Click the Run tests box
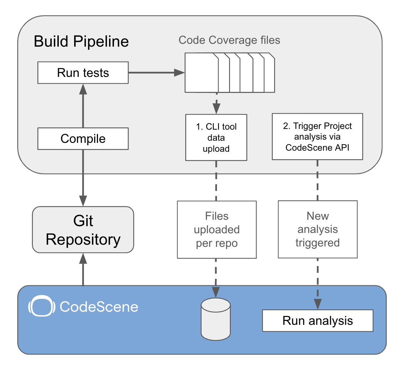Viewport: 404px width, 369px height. tap(83, 73)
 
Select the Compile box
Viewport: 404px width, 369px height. tap(83, 139)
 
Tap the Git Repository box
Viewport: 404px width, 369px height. tap(83, 230)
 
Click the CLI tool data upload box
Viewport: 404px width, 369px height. tap(216, 137)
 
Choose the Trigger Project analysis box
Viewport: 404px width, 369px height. tap(317, 136)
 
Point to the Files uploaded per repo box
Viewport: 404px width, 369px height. tap(217, 230)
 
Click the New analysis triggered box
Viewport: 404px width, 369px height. tap(317, 230)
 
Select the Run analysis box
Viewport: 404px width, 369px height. tap(317, 321)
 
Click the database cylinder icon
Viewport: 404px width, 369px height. tap(216, 319)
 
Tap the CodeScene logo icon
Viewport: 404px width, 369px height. tap(41, 306)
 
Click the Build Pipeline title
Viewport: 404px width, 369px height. tap(81, 42)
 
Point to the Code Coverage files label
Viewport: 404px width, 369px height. tap(229, 40)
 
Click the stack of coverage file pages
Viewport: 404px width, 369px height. tap(229, 72)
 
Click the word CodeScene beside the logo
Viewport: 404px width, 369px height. tap(99, 307)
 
